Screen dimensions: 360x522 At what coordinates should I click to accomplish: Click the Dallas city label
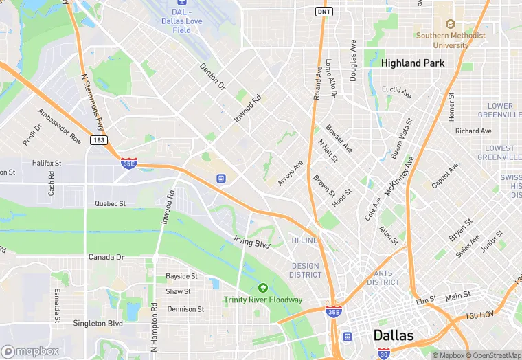click(x=394, y=335)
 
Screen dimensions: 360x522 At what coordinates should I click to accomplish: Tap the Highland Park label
click(x=413, y=63)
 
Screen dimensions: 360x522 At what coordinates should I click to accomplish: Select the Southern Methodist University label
click(x=450, y=40)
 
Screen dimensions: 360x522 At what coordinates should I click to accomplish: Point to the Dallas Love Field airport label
click(x=181, y=21)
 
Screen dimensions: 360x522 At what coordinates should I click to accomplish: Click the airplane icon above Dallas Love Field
click(x=181, y=3)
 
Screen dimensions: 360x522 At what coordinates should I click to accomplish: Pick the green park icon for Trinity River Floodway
click(x=262, y=288)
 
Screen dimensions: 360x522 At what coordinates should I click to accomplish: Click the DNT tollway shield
click(x=324, y=12)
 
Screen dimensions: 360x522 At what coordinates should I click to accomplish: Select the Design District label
click(x=306, y=270)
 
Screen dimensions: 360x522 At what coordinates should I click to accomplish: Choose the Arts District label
click(x=383, y=278)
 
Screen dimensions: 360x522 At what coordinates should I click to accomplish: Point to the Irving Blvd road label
click(x=252, y=242)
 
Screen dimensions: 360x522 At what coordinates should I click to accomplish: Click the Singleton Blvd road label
click(x=98, y=323)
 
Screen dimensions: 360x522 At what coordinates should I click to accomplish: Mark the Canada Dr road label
click(x=106, y=257)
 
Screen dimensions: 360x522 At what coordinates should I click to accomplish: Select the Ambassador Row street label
click(x=59, y=126)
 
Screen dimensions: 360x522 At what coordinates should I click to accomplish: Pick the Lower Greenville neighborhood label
click(x=500, y=110)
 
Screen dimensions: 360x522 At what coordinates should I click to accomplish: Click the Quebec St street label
click(x=110, y=203)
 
